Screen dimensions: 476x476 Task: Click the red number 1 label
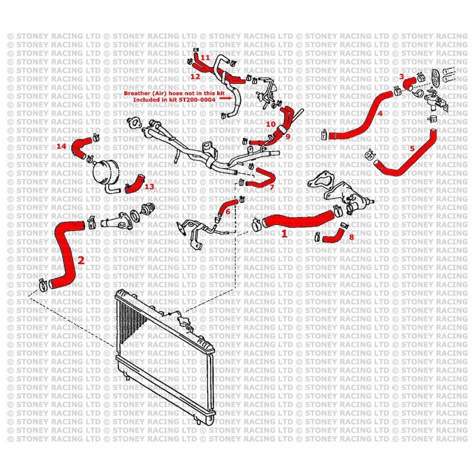click(284, 234)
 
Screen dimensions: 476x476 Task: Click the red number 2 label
click(81, 260)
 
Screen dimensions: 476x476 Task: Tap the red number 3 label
click(402, 77)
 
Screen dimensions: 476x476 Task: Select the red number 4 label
click(380, 112)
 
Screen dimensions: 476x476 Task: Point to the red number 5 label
click(412, 148)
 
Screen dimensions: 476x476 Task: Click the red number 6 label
click(227, 211)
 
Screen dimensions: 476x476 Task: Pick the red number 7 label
click(271, 187)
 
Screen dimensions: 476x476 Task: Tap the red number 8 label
click(351, 237)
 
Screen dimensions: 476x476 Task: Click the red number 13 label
click(149, 186)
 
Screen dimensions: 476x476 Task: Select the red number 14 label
click(61, 146)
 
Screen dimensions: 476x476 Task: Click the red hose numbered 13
click(135, 184)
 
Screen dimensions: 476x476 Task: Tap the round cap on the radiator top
click(186, 321)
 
